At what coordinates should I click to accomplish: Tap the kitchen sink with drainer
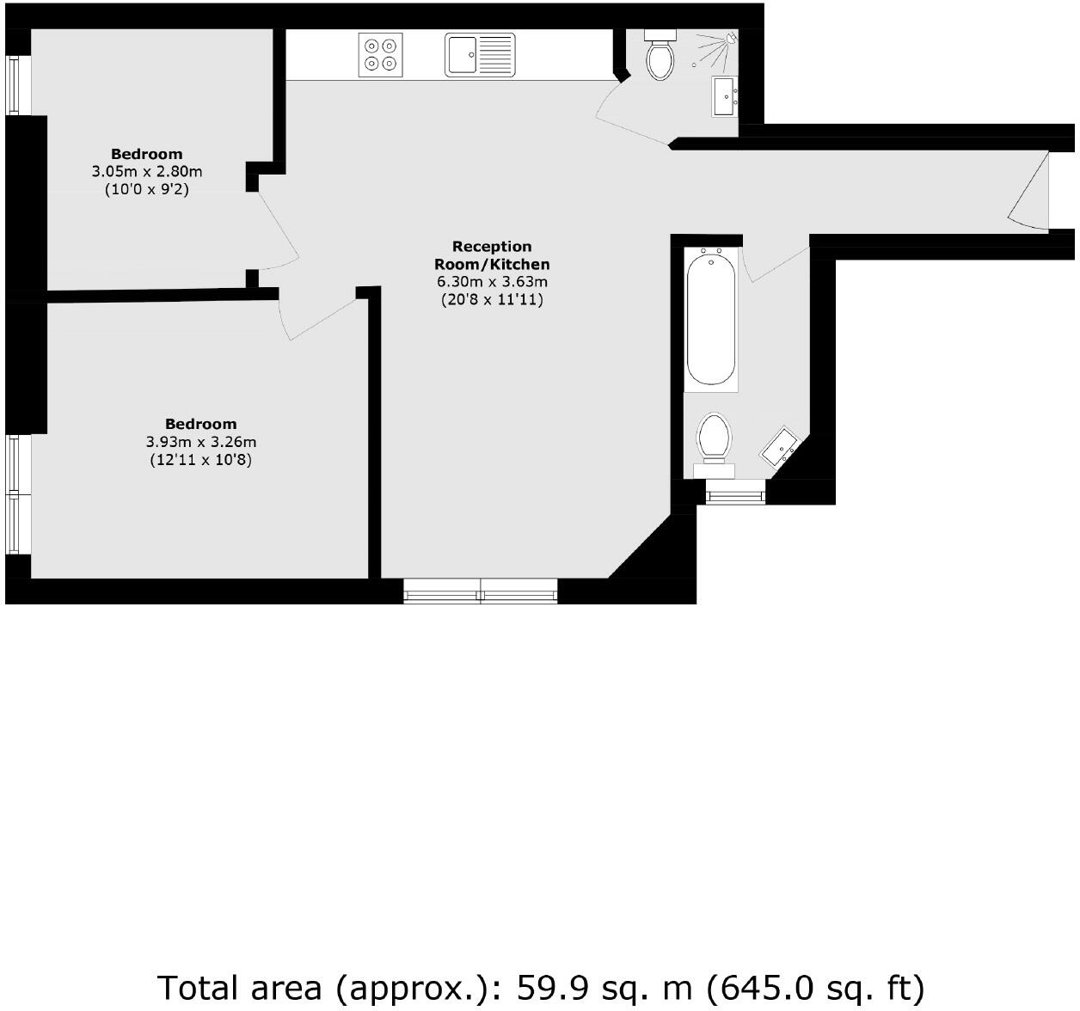click(x=480, y=54)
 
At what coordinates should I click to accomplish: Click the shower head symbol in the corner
click(x=730, y=38)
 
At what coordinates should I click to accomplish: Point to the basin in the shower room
click(x=723, y=95)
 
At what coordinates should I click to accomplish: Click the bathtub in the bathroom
click(x=710, y=318)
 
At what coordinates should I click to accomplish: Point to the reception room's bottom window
click(x=480, y=591)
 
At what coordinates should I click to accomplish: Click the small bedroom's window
click(x=18, y=85)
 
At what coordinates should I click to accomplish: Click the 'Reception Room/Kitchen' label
click(x=491, y=255)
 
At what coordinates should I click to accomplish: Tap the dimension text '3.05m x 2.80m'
click(x=147, y=172)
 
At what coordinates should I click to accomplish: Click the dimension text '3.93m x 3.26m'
click(x=200, y=442)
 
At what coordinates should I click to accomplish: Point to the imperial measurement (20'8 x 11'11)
click(x=491, y=300)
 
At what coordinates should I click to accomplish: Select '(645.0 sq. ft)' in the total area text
click(x=815, y=987)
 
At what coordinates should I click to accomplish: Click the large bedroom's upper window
click(x=18, y=464)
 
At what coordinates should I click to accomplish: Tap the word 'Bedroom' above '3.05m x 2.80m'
click(x=147, y=154)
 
